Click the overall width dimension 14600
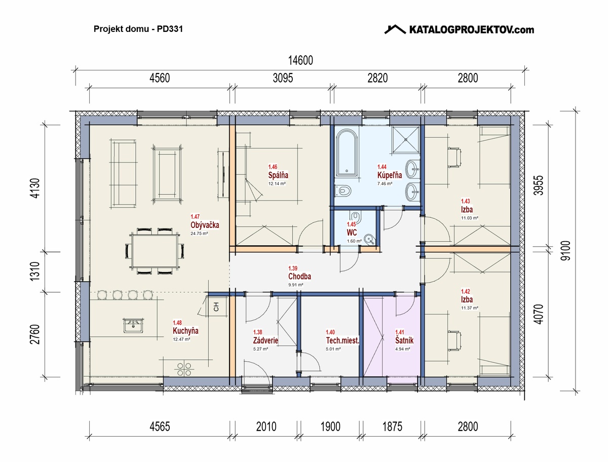click(x=300, y=60)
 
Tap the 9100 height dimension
click(x=565, y=251)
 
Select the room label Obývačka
click(x=205, y=225)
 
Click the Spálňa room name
click(x=278, y=175)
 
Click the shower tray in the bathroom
click(x=406, y=139)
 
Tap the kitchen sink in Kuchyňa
click(x=133, y=325)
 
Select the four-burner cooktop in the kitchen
click(x=184, y=369)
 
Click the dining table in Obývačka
click(x=155, y=251)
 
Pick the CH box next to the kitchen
click(x=216, y=306)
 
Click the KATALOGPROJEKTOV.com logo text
click(x=471, y=30)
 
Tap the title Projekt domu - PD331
click(x=138, y=29)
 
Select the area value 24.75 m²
click(x=199, y=234)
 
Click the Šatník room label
click(x=404, y=340)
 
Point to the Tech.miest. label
click(x=343, y=340)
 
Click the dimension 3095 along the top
click(x=283, y=78)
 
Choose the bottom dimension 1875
click(x=392, y=427)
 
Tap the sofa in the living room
click(x=124, y=174)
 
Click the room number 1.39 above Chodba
click(x=293, y=268)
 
